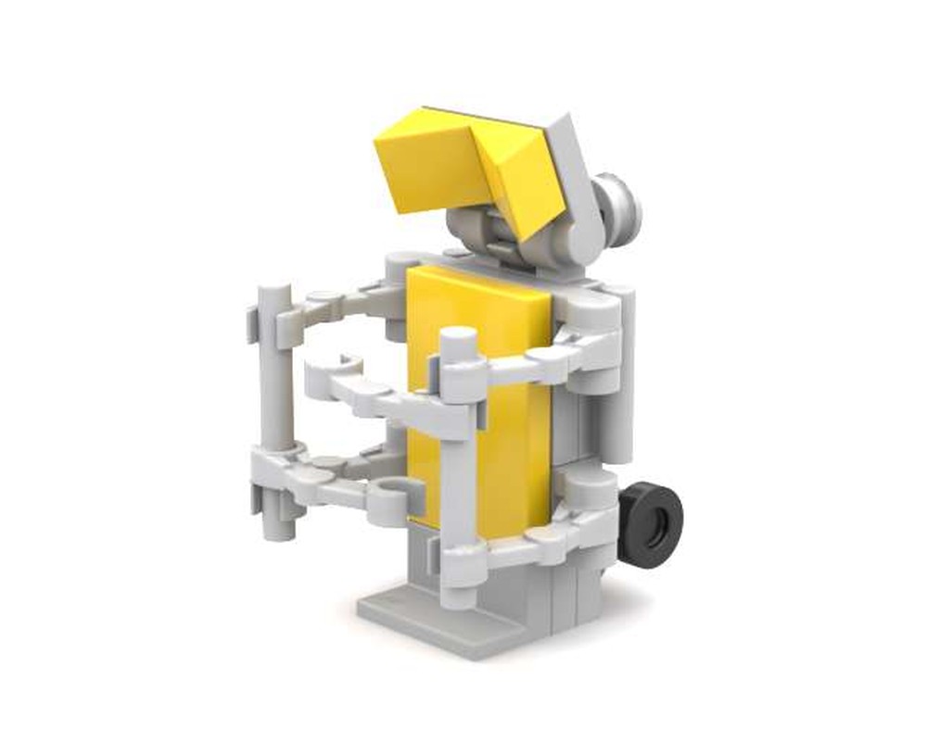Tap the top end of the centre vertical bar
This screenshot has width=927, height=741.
tap(458, 339)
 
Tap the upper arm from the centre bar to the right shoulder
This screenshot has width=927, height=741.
tap(547, 361)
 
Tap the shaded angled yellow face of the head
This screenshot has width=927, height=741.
tap(519, 181)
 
